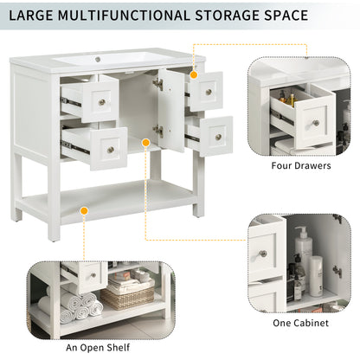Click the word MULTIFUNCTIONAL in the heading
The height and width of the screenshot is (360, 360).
pos(124,16)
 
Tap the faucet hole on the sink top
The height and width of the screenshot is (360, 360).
pos(98,60)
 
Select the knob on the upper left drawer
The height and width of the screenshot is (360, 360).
pos(102,102)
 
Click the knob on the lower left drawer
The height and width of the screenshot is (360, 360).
pos(111,150)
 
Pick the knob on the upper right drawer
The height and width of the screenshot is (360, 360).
pos(209,93)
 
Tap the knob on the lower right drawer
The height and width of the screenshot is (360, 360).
pos(218,137)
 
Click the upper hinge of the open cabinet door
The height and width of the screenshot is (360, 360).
pos(158,84)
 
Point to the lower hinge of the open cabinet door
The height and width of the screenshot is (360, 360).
pos(158,131)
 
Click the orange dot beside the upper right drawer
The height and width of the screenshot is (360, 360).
pos(194,75)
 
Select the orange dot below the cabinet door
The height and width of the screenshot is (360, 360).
pos(146,143)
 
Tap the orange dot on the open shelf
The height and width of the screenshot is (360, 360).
pos(84,211)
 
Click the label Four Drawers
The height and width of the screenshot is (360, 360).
pos(301,165)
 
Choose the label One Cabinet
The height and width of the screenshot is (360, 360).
pos(300,323)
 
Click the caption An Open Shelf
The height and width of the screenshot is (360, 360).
pos(98,348)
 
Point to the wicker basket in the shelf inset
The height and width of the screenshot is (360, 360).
pos(128,298)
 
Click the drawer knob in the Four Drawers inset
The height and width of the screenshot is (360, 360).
pos(316,123)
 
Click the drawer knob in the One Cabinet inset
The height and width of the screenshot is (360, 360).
pos(263,254)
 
